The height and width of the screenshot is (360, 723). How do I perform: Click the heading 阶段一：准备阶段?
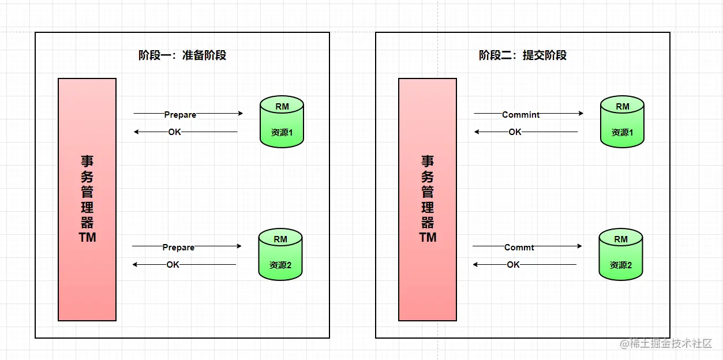[x=182, y=55]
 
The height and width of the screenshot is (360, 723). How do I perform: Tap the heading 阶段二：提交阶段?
[x=523, y=55]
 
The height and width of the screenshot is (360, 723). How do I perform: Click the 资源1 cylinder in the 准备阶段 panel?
[x=282, y=122]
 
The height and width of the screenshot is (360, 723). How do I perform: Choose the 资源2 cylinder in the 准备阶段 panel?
[x=280, y=254]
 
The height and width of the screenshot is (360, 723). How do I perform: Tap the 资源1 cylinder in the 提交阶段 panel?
[x=622, y=122]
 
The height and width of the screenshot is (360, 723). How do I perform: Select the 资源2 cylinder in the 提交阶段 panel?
[x=621, y=254]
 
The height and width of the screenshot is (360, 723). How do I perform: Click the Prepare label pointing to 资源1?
[x=180, y=114]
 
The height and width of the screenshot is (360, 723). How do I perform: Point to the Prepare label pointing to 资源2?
[x=178, y=247]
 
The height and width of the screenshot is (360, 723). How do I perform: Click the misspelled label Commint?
[x=520, y=114]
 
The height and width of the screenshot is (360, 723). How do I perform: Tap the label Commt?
[x=519, y=247]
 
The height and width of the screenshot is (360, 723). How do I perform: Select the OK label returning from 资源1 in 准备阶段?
[x=174, y=132]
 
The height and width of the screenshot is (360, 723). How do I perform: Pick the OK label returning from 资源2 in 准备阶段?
[x=173, y=265]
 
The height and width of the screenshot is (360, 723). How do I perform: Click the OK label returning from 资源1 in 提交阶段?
[x=515, y=132]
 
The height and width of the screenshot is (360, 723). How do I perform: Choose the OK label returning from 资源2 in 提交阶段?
[x=513, y=265]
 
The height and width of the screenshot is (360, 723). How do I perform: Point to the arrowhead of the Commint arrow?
[x=580, y=114]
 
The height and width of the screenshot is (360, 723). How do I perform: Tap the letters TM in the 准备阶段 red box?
[x=87, y=237]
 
